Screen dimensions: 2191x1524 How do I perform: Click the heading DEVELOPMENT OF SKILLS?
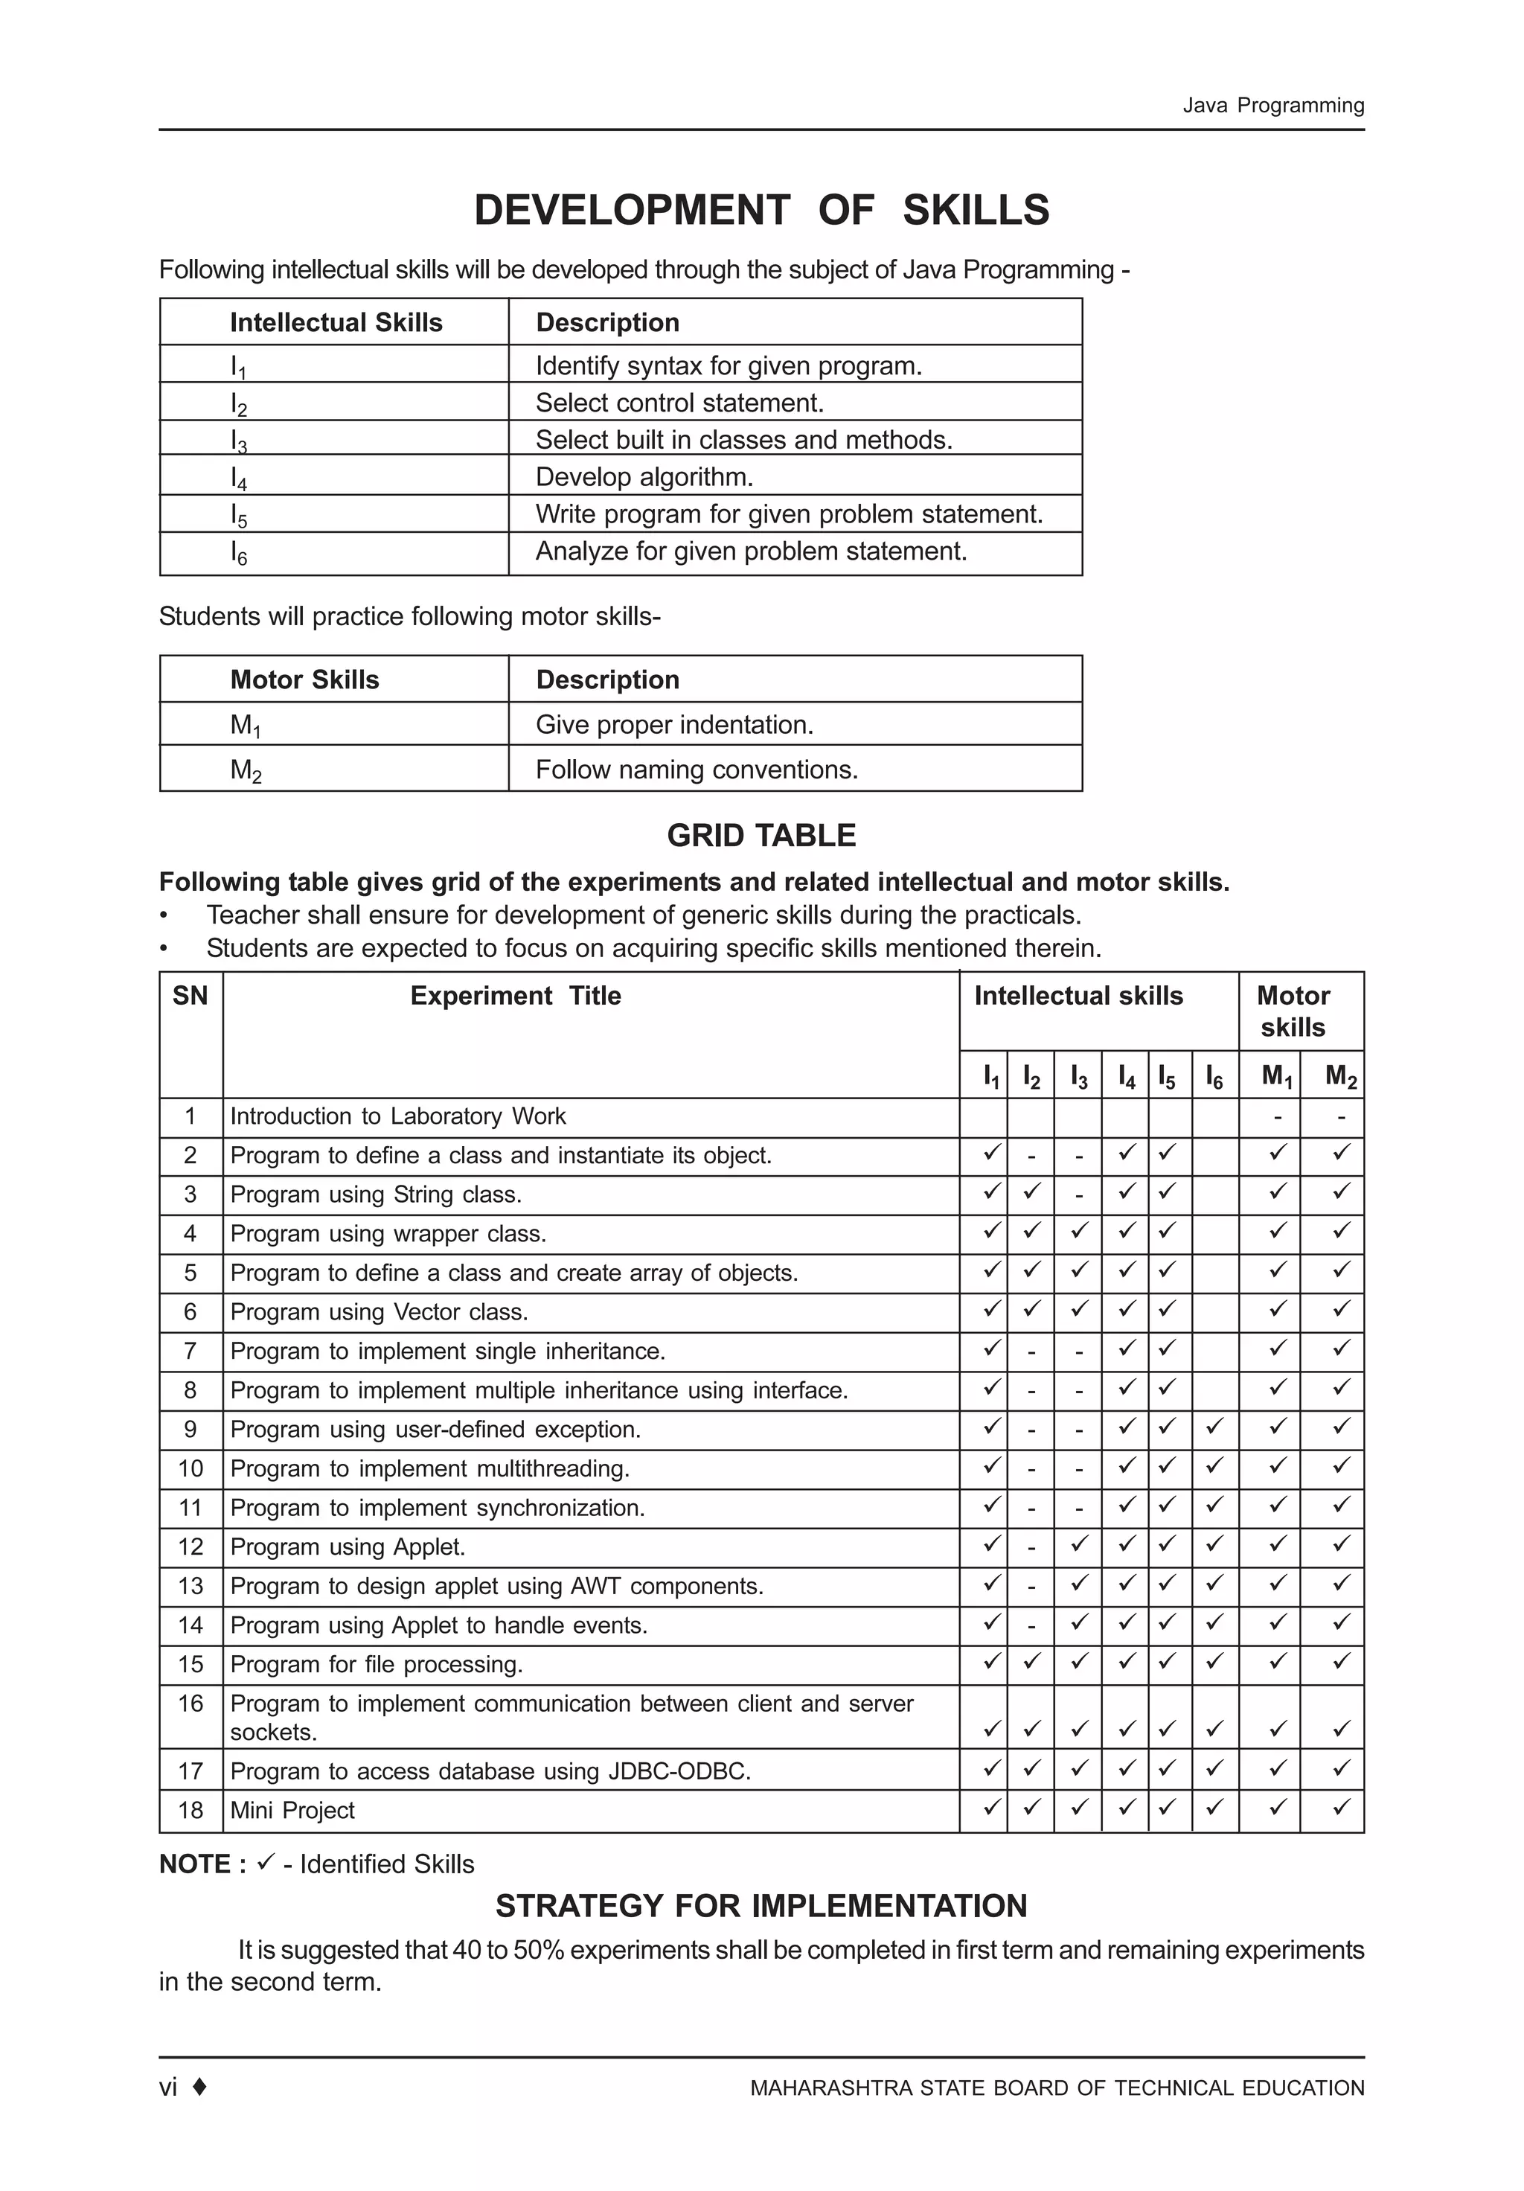click(x=761, y=210)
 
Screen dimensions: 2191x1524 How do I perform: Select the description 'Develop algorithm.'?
click(x=644, y=476)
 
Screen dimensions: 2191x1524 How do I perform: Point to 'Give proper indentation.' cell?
click(x=673, y=724)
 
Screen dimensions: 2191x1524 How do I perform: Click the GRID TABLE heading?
click(x=761, y=835)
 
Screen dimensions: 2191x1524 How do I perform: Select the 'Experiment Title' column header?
click(x=515, y=995)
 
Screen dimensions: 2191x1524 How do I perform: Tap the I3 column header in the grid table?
click(x=1078, y=1078)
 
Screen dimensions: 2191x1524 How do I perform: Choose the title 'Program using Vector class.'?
click(x=379, y=1312)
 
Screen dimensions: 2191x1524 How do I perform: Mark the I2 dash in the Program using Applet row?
click(x=1031, y=1547)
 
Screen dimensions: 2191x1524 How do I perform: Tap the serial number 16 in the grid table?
click(x=190, y=1704)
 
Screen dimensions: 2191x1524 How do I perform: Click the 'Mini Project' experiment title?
click(x=292, y=1810)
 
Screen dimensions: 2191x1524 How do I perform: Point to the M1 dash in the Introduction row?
click(x=1278, y=1116)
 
